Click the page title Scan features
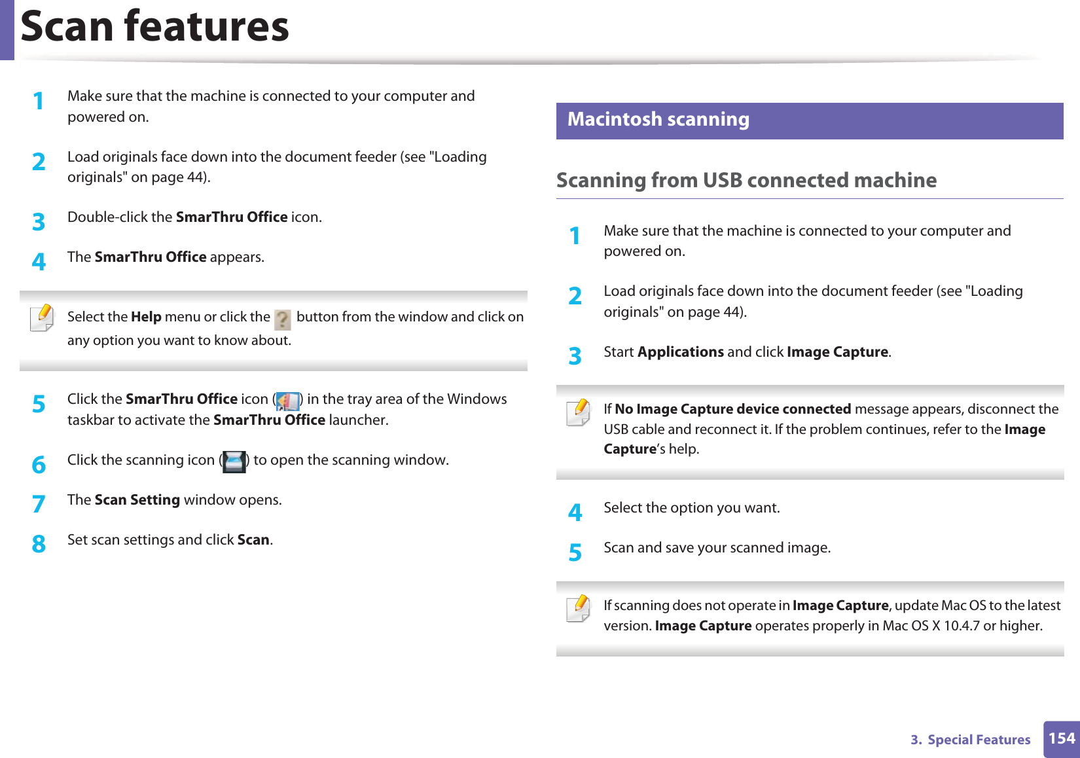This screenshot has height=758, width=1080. point(154,27)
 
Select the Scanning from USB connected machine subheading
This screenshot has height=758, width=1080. point(746,180)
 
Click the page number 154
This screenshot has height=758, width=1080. point(1061,739)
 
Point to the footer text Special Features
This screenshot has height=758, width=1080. point(979,740)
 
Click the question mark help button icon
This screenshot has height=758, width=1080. point(283,319)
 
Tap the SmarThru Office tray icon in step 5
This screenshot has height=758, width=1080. point(287,401)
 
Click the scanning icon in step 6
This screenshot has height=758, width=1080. point(234,461)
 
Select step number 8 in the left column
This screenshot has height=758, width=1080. point(39,544)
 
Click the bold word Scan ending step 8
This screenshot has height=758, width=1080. point(253,540)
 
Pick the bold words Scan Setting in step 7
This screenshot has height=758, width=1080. point(137,500)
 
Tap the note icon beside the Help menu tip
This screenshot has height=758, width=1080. point(43,319)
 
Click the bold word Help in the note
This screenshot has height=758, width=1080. point(146,317)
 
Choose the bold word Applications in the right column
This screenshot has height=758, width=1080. point(681,352)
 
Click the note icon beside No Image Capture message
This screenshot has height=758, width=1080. point(579,412)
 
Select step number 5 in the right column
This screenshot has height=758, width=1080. point(575,552)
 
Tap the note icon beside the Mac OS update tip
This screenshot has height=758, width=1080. point(579,609)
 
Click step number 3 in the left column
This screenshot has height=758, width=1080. point(39,222)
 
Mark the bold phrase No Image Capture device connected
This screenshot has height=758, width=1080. point(732,409)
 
